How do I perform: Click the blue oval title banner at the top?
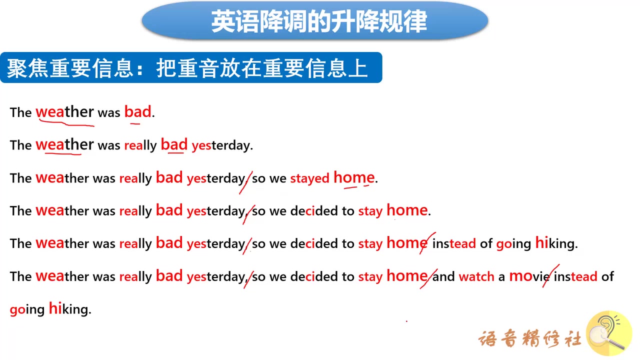(315, 20)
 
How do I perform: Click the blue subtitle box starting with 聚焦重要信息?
(191, 67)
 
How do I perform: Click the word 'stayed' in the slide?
(309, 179)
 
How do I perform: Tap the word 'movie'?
(529, 276)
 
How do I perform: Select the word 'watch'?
(476, 276)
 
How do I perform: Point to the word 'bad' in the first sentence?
(137, 111)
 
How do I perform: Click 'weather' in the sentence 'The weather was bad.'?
(64, 111)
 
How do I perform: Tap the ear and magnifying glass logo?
(609, 333)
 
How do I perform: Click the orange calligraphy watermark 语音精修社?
(530, 339)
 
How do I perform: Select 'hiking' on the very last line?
(70, 309)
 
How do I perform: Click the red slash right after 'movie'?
(550, 275)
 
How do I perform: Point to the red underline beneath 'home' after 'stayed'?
(356, 187)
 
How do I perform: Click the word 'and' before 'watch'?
(443, 276)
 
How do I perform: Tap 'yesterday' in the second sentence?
(222, 146)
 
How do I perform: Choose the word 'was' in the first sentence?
(109, 113)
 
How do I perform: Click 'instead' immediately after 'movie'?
(575, 276)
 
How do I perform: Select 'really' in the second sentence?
(140, 145)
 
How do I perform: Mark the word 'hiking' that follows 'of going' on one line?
(556, 243)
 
